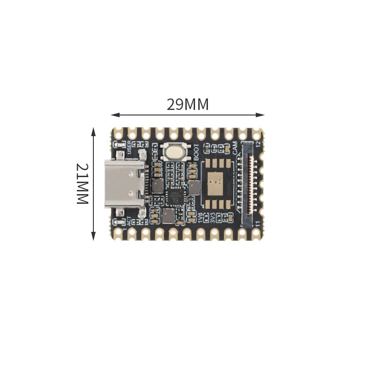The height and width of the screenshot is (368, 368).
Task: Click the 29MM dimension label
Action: click(x=188, y=104)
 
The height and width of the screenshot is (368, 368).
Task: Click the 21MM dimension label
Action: click(x=82, y=183)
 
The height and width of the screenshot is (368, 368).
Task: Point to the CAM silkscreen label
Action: click(x=235, y=148)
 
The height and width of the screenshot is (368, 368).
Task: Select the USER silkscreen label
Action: click(x=129, y=146)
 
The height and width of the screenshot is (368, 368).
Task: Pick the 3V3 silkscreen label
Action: click(x=213, y=217)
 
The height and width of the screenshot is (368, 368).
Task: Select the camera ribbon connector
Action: click(x=247, y=184)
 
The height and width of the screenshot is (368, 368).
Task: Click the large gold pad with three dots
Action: click(x=214, y=184)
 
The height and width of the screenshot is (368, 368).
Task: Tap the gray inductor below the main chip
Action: click(x=168, y=215)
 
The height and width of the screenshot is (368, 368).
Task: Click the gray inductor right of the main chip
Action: click(x=194, y=187)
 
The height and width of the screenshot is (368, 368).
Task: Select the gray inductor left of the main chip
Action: click(x=157, y=185)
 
